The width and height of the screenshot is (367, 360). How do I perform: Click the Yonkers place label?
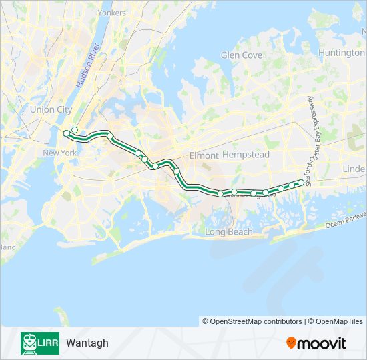point(111,13)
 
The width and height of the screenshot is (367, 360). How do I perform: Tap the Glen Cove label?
point(242,55)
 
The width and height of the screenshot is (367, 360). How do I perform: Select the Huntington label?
point(341,53)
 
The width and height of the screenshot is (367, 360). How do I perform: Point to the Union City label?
point(50,109)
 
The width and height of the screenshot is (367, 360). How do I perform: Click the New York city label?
point(60,153)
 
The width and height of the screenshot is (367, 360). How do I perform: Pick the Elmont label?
point(204,155)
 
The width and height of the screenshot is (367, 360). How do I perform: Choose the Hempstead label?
point(246,155)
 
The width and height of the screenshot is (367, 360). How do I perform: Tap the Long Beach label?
point(228,232)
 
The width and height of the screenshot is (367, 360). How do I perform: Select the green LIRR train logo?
point(39,343)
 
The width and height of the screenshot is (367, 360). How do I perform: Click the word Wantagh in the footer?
point(87,343)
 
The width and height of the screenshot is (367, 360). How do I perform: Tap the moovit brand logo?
point(316,343)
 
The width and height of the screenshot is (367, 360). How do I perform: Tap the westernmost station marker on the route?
point(66,134)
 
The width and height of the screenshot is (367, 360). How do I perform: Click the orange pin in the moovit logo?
point(291,343)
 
